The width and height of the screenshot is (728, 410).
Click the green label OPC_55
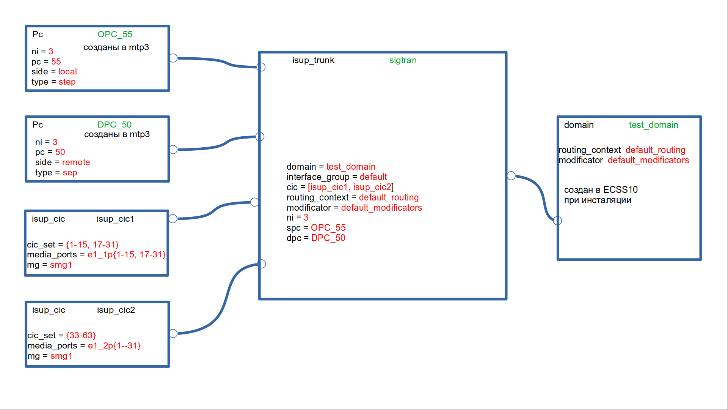pos(115,35)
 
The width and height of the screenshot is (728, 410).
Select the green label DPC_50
pos(115,125)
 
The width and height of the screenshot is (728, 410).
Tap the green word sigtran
pos(403,60)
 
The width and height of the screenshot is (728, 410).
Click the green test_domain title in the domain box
pos(653,125)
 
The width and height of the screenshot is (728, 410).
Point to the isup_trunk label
pos(313,60)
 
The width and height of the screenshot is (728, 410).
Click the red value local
pos(67,72)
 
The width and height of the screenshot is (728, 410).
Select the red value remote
pos(76,162)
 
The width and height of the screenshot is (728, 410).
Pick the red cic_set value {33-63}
pos(81,336)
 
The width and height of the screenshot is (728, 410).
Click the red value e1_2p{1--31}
pos(114,346)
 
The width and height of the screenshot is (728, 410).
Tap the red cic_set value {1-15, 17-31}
pos(92,245)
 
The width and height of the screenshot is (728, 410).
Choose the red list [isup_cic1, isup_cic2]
pos(351,188)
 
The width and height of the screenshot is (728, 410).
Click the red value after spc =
pos(328,228)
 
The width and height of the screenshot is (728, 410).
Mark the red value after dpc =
pos(328,238)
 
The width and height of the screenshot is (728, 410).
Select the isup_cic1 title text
pos(115,219)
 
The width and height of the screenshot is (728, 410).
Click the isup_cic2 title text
pos(116,310)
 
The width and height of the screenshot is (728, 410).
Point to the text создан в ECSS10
pos(601,190)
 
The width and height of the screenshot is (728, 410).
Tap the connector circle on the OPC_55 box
pos(173,58)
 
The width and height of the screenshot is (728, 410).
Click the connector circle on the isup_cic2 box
pos(173,334)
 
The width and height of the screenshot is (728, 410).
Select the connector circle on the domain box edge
pos(557,221)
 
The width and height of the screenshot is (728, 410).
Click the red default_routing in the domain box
pos(655,150)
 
